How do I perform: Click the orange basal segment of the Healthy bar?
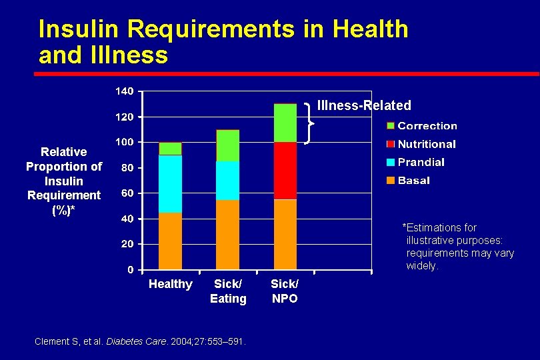pyautogui.click(x=170, y=241)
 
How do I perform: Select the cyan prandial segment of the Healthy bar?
pyautogui.click(x=170, y=183)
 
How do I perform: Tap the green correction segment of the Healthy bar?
pyautogui.click(x=170, y=148)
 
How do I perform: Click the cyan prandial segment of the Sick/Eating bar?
pyautogui.click(x=227, y=180)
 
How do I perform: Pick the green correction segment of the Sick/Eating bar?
pyautogui.click(x=227, y=145)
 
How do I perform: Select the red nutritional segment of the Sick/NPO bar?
pyautogui.click(x=285, y=171)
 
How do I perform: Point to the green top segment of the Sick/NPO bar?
pyautogui.click(x=285, y=123)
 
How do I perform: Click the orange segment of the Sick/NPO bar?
pyautogui.click(x=285, y=234)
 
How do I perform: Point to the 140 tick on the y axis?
pyautogui.click(x=125, y=91)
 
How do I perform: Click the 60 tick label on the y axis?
pyautogui.click(x=127, y=193)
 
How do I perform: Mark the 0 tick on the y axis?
pyautogui.click(x=130, y=270)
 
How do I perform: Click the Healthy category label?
pyautogui.click(x=170, y=285)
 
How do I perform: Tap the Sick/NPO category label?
pyautogui.click(x=285, y=291)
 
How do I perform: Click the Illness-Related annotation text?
pyautogui.click(x=364, y=105)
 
